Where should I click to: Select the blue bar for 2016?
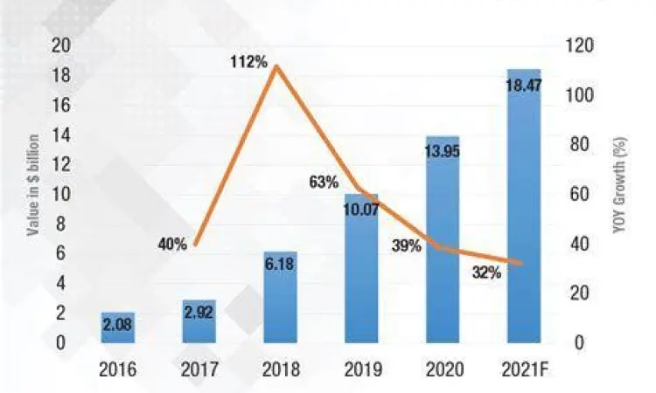pos(117,327)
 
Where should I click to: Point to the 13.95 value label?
pos(443,150)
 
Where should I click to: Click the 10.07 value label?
pos(361,209)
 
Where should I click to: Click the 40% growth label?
pos(172,245)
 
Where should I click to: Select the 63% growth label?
pos(324,183)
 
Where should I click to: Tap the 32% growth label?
pos(486,272)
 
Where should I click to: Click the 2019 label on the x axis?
pos(360,369)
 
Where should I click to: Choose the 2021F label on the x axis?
pos(523,369)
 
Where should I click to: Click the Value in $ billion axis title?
pos(34,186)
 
